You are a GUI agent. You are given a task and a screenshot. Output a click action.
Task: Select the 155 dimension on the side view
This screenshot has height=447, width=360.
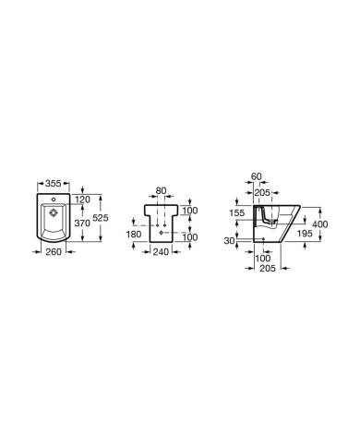coord(235,211)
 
